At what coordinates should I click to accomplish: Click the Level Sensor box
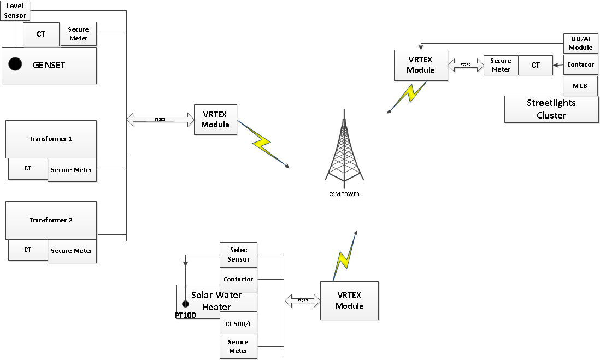coord(15,10)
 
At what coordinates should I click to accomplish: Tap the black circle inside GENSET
coord(15,64)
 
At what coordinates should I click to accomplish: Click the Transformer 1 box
coord(51,139)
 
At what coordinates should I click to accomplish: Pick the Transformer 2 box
coord(51,220)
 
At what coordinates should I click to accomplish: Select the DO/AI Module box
coord(580,43)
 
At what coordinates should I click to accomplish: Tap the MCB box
coord(580,86)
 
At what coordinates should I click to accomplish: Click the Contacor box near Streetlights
coord(580,64)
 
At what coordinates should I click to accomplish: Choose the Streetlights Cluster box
coord(551,109)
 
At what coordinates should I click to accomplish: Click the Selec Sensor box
coord(238,255)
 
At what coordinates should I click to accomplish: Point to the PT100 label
coord(185,315)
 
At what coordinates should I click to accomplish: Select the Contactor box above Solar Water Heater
coord(238,279)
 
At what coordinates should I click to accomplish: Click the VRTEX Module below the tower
coord(349,300)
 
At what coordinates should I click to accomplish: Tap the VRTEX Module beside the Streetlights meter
coord(420,65)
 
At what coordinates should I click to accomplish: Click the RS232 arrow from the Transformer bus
coord(160,119)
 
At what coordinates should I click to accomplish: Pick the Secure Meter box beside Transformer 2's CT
coord(72,251)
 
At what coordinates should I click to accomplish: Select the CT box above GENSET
coord(41,34)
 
